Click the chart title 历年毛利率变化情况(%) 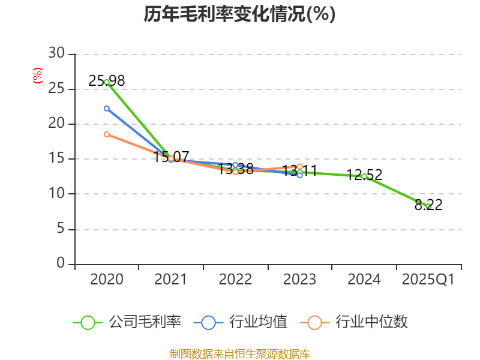pyautogui.click(x=239, y=14)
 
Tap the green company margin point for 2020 pyautogui.click(x=107, y=82)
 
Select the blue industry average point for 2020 pyautogui.click(x=107, y=109)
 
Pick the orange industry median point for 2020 pyautogui.click(x=107, y=134)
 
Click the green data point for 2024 pyautogui.click(x=364, y=176)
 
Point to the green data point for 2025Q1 pyautogui.click(x=428, y=206)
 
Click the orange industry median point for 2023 pyautogui.click(x=299, y=166)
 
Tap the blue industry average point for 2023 pyautogui.click(x=299, y=175)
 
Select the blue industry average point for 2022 pyautogui.click(x=235, y=165)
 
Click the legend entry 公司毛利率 pyautogui.click(x=127, y=322)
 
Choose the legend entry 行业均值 pyautogui.click(x=241, y=322)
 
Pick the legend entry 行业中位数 pyautogui.click(x=358, y=322)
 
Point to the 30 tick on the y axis pyautogui.click(x=56, y=54)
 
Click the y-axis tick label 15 pyautogui.click(x=56, y=159)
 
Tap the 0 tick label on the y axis pyautogui.click(x=61, y=264)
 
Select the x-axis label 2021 pyautogui.click(x=171, y=280)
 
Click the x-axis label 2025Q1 pyautogui.click(x=428, y=280)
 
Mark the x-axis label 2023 pyautogui.click(x=299, y=280)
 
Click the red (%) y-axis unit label pyautogui.click(x=38, y=76)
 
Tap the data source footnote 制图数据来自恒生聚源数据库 pyautogui.click(x=239, y=353)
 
